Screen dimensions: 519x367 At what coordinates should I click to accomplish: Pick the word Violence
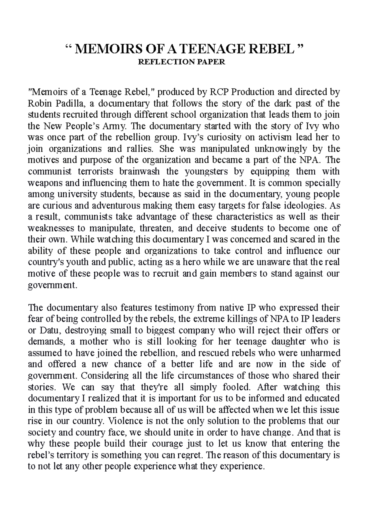point(126,421)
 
